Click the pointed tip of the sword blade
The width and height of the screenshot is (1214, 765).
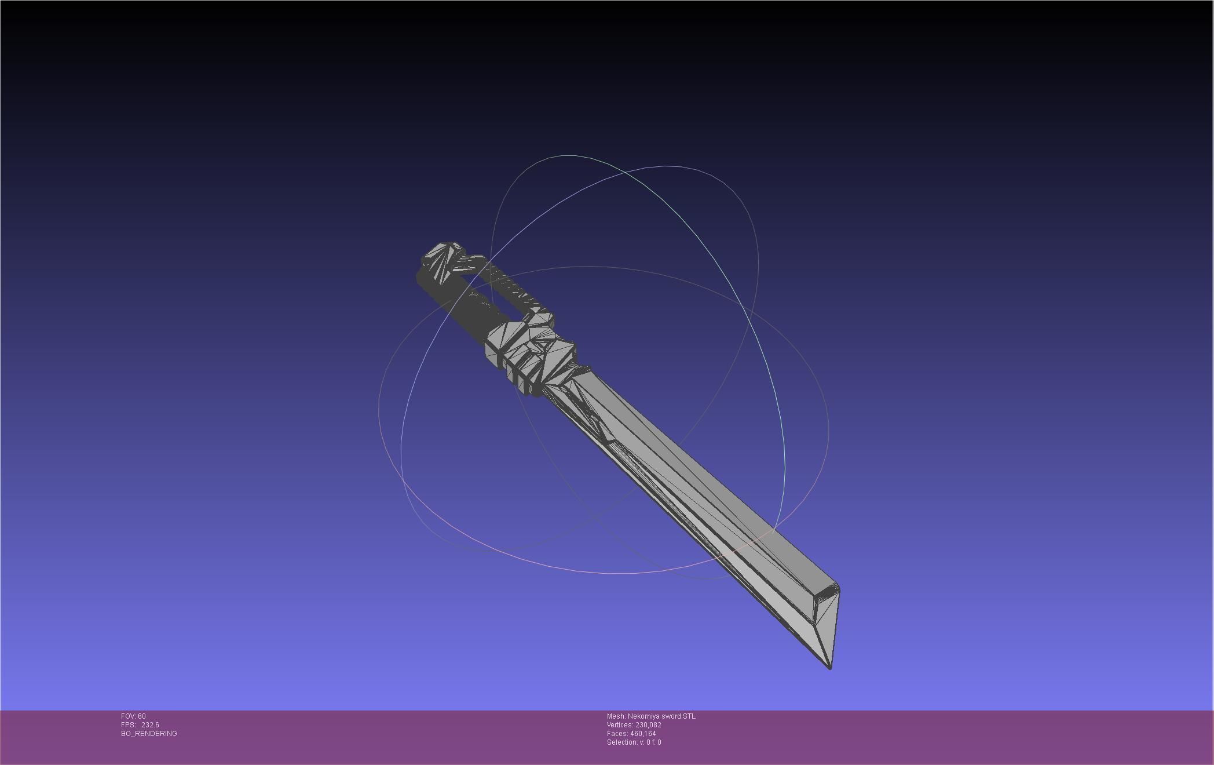[x=830, y=667]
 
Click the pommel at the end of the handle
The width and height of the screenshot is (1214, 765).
[x=443, y=260]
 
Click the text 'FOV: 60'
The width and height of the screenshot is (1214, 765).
[x=133, y=716]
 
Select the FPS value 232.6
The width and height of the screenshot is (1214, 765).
[x=150, y=725]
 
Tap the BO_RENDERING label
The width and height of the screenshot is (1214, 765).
[x=149, y=734]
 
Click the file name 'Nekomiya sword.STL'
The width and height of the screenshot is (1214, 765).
[x=661, y=716]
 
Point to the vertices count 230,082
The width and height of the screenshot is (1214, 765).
[x=648, y=725]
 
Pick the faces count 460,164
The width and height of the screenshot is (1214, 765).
[x=643, y=734]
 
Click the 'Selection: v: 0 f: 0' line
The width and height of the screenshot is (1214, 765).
[x=634, y=742]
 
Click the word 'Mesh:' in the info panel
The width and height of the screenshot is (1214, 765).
[x=616, y=716]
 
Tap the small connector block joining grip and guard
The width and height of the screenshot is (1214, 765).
[x=541, y=318]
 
